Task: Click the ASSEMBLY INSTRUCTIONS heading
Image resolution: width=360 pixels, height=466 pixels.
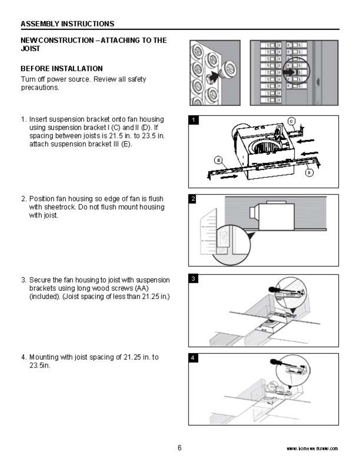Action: [67, 24]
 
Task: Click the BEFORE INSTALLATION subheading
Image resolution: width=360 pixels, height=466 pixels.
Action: [61, 69]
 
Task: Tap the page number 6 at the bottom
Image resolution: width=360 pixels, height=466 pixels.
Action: [179, 448]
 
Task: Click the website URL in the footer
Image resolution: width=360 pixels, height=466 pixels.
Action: [312, 449]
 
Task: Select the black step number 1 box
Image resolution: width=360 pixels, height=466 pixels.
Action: [193, 120]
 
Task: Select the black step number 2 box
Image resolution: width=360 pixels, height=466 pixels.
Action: [193, 199]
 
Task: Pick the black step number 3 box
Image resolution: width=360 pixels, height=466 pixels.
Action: [193, 279]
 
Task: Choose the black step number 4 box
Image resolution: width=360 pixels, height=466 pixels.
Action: [193, 358]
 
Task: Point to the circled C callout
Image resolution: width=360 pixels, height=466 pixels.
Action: [291, 121]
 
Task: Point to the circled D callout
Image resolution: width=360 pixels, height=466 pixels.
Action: [309, 173]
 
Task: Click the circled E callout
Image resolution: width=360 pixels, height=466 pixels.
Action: [218, 160]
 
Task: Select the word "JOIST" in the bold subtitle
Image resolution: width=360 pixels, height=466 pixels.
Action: [30, 49]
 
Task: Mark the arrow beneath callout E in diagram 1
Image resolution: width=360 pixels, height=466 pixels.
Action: [229, 177]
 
